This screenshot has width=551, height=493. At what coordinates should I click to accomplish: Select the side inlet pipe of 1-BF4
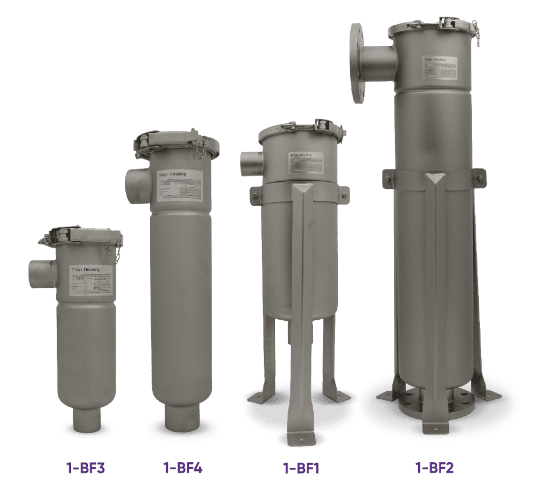tap(137, 184)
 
